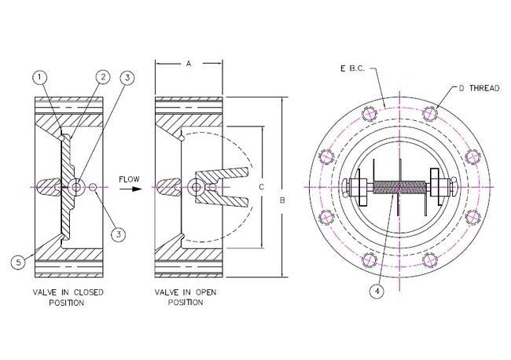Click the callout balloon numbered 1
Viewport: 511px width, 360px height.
40,76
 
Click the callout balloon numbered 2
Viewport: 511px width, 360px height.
101,76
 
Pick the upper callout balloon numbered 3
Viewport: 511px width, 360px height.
127,77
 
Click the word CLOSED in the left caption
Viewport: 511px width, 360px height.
90,292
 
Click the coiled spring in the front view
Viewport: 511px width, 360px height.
399,189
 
